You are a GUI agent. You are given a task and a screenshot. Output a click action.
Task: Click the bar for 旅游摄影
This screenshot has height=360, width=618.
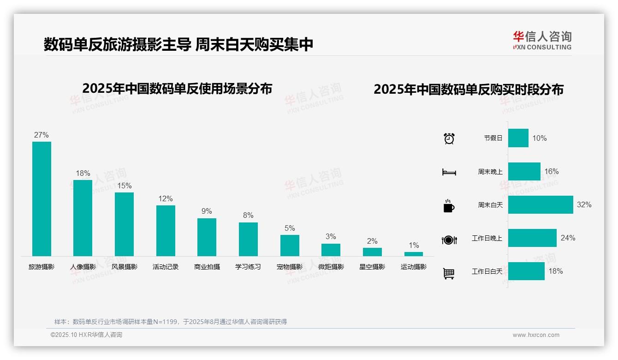point(42,198)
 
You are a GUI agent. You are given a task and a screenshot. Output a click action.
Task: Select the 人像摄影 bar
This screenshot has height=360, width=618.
point(83,218)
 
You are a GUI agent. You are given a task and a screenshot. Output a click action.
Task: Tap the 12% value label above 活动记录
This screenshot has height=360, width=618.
point(166,199)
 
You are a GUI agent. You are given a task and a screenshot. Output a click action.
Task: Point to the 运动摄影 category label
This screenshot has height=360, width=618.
point(414,267)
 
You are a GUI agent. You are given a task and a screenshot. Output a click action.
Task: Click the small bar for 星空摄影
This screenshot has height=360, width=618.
point(372,252)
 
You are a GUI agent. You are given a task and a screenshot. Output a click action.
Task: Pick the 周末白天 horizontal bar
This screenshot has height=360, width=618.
point(541,204)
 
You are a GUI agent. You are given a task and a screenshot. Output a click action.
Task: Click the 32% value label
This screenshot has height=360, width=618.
point(584,204)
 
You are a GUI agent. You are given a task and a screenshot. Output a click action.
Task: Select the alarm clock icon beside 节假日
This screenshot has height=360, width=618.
point(449,138)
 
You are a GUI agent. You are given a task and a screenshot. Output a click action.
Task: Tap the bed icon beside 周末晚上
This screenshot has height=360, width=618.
point(449,172)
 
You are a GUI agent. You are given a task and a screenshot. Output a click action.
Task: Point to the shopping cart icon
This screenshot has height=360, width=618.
point(449,273)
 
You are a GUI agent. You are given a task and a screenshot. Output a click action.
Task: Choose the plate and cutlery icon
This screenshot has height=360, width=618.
point(449,240)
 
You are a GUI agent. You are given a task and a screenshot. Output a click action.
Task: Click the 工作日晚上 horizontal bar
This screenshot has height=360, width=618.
point(532,238)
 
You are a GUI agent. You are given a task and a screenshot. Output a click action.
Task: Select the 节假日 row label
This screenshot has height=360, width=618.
point(493,138)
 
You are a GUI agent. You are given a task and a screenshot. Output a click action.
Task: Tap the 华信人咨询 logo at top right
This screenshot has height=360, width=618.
point(542,40)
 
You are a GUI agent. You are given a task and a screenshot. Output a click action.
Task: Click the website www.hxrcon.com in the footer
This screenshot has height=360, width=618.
point(536,335)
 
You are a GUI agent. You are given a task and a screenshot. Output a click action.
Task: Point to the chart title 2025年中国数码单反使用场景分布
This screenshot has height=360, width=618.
point(177,89)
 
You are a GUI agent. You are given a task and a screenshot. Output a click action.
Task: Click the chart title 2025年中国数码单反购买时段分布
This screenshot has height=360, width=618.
point(469,90)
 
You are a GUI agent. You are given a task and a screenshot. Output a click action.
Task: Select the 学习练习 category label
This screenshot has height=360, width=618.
point(248,267)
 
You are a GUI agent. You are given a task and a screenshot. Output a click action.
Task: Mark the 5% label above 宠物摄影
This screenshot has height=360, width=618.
point(290,228)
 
